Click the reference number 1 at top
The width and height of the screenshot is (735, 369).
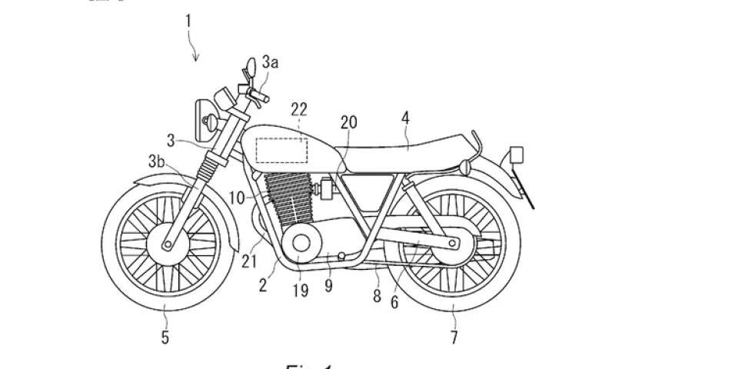click(188, 20)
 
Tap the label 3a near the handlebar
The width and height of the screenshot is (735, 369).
click(270, 62)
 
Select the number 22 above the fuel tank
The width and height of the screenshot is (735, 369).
click(298, 110)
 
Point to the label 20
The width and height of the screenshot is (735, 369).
click(349, 121)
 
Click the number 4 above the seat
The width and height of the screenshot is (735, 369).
click(405, 118)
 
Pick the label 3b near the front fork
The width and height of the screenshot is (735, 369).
click(157, 161)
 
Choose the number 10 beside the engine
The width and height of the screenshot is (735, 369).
click(237, 198)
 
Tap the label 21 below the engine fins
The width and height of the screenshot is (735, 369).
click(248, 263)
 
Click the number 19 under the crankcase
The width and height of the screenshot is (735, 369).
click(300, 290)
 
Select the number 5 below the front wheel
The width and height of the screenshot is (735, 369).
click(165, 336)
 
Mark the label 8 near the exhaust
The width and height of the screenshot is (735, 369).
click(377, 296)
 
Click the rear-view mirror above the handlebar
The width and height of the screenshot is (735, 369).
click(250, 65)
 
